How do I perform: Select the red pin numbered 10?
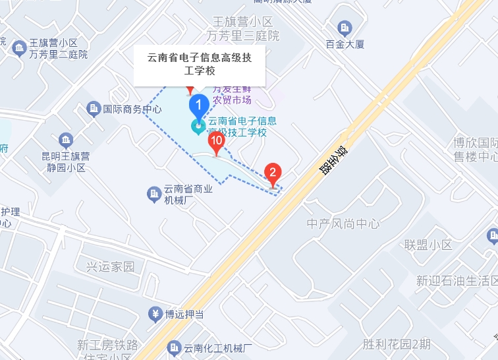216,141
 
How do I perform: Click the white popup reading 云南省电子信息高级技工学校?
199,65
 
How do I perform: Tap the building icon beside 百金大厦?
344,28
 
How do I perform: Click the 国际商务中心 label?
132,109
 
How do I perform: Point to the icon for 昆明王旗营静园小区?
65,140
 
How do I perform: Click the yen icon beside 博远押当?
155,313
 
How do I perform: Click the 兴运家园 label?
110,267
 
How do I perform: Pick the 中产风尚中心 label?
343,224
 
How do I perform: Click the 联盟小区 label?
428,245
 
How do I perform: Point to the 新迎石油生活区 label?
456,281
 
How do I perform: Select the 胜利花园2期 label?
397,344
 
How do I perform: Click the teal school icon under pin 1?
198,126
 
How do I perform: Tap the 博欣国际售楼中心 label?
475,150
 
